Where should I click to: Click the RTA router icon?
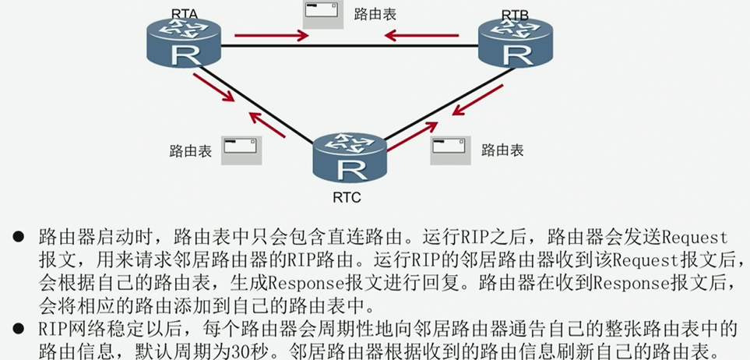pos(185,44)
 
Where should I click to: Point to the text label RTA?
pos(184,12)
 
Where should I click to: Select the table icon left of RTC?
pos(241,150)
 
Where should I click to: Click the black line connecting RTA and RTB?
pos(350,46)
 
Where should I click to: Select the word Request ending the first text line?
pos(687,237)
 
